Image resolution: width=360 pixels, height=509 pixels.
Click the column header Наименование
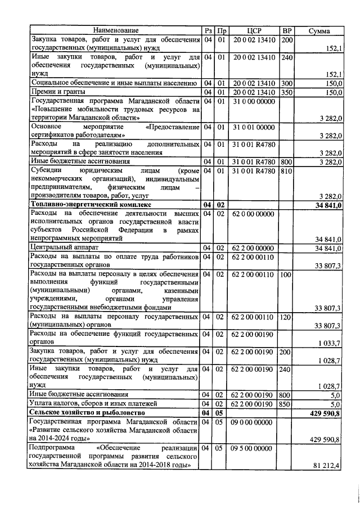click(x=115, y=30)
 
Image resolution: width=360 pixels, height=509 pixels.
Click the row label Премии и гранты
click(x=57, y=92)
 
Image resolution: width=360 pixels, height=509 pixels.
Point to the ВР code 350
click(x=286, y=92)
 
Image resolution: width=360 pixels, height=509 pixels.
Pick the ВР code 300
click(x=286, y=83)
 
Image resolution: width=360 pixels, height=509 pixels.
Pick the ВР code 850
click(x=286, y=403)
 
